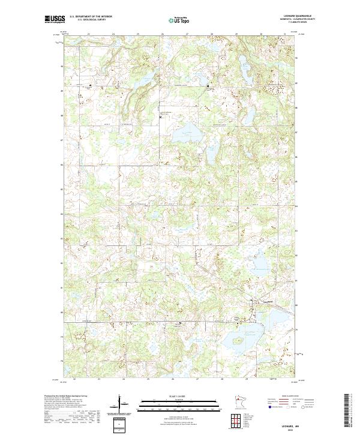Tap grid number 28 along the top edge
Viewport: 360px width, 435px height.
click(211, 34)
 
